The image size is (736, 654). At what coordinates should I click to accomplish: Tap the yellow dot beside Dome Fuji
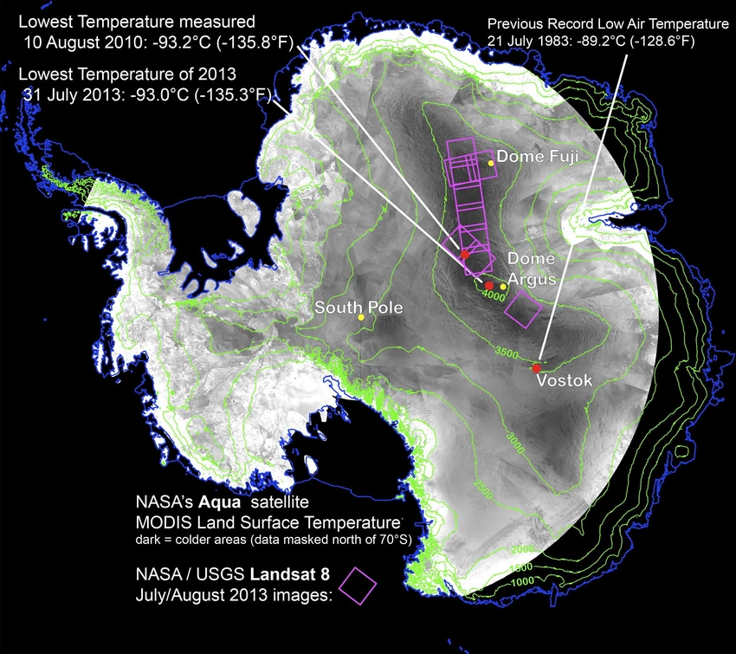[x=491, y=162]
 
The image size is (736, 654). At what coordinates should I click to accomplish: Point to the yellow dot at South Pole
[x=361, y=318]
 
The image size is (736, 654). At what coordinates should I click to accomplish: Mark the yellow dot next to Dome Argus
[x=503, y=287]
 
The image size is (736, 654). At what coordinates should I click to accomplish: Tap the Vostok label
[x=564, y=380]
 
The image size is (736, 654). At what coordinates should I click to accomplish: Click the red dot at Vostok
[x=537, y=369]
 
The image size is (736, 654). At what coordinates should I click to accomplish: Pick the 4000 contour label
[x=492, y=295]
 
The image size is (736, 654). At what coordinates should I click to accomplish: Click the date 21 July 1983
[x=531, y=41]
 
